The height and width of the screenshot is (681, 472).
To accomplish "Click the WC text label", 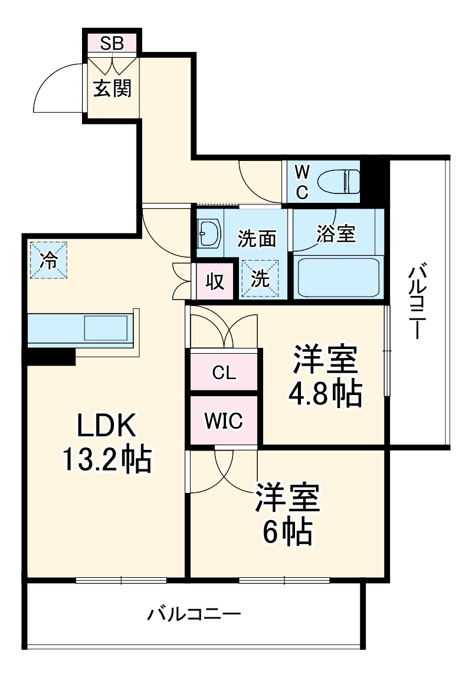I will (x=301, y=182).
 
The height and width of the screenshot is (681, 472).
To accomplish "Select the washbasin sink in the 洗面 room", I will (x=208, y=233).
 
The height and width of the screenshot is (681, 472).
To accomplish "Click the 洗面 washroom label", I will (x=257, y=238).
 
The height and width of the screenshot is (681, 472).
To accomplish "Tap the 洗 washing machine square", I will (x=260, y=279).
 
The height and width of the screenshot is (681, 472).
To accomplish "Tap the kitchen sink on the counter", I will (x=106, y=327).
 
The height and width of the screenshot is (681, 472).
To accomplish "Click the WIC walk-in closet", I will (x=224, y=421).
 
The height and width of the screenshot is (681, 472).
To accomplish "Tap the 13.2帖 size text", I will (x=108, y=460).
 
